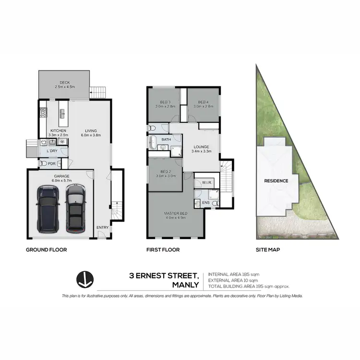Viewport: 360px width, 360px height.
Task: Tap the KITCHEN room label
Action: pos(59,131)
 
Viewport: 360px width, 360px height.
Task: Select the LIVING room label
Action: pos(91,131)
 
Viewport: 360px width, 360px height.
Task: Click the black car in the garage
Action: pos(48,209)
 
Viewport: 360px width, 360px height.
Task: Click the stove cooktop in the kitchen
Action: pos(42,113)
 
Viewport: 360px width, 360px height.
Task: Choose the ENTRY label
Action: pos(102,227)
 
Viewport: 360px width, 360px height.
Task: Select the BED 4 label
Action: pos(203,102)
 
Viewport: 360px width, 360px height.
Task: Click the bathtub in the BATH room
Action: pos(153,142)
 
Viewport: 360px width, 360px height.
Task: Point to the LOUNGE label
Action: pos(201,147)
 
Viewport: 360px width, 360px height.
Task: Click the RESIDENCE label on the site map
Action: pos(276,181)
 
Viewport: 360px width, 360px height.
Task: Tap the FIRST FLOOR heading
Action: pos(163,250)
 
